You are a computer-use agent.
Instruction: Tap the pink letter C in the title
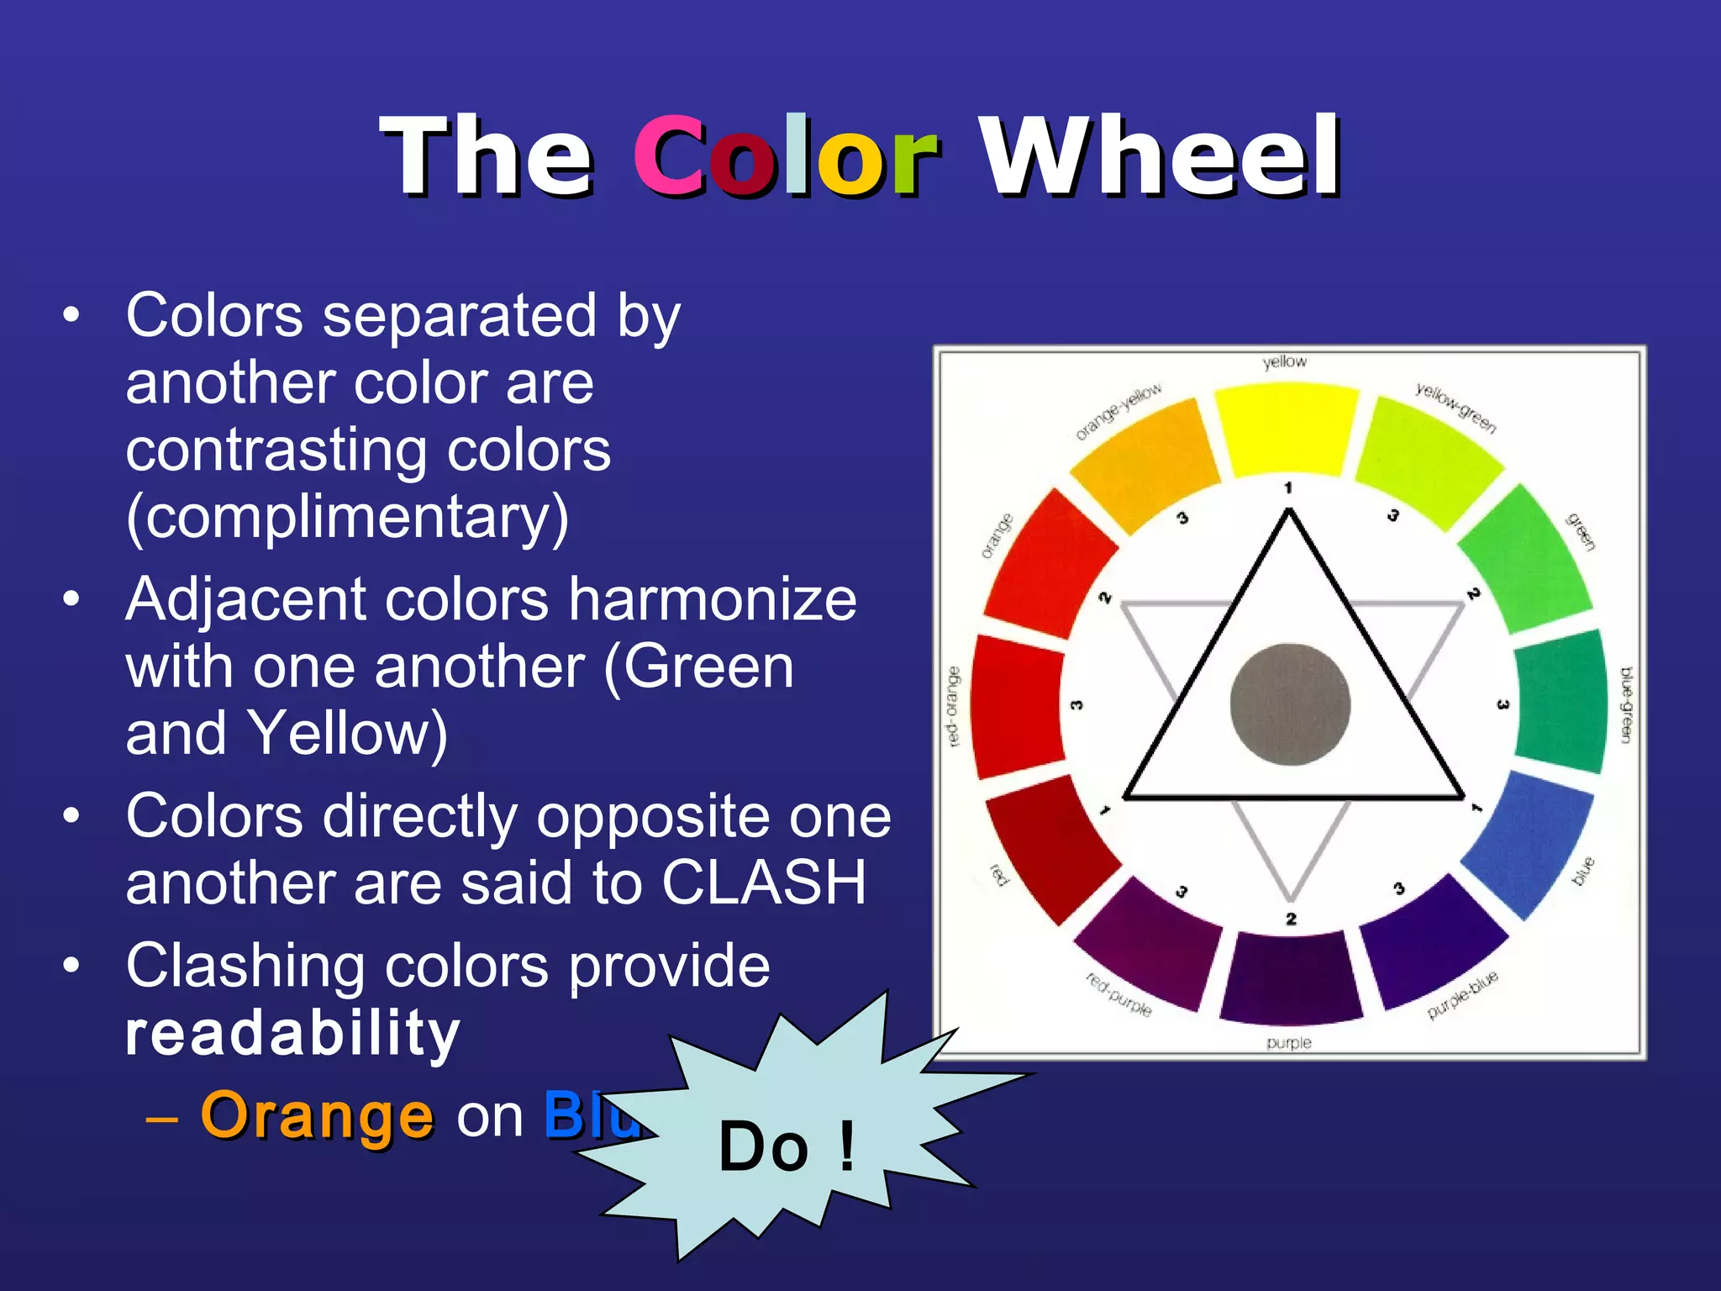click(669, 156)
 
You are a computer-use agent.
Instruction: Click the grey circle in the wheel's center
click(1290, 704)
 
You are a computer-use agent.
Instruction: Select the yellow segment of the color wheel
click(1287, 429)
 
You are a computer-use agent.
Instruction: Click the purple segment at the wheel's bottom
click(1290, 977)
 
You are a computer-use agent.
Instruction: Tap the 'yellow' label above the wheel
click(1285, 361)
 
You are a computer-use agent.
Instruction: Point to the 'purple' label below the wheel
click(1289, 1043)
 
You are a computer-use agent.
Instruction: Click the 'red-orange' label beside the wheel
click(952, 706)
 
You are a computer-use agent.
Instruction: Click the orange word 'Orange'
click(318, 1116)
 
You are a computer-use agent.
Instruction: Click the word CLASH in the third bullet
click(764, 883)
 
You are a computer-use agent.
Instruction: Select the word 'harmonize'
click(712, 600)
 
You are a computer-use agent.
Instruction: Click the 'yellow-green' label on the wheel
click(1455, 408)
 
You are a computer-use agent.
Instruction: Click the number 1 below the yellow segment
click(1287, 488)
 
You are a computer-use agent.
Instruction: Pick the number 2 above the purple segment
click(1291, 919)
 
